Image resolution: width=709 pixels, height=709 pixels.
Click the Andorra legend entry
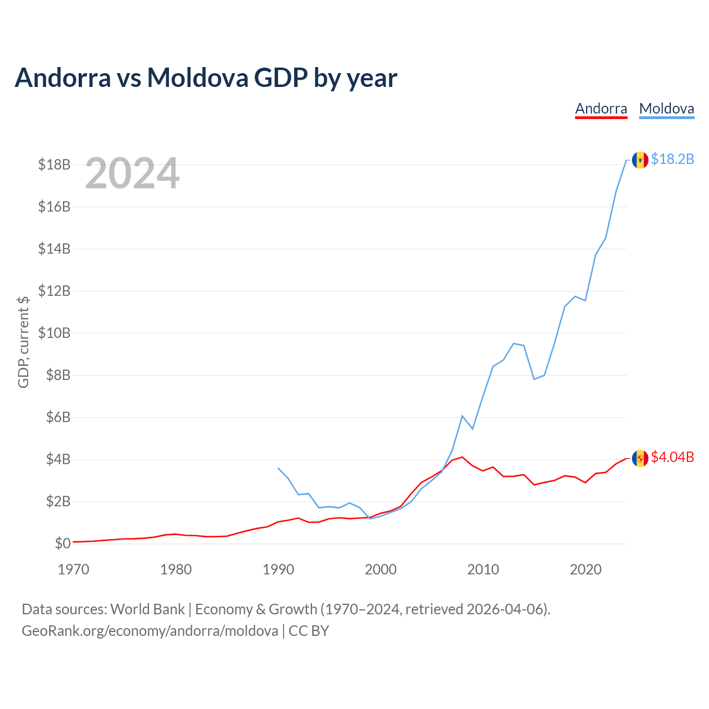(601, 109)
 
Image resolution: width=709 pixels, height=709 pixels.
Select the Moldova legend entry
(666, 109)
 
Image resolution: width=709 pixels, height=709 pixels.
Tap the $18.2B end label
(672, 159)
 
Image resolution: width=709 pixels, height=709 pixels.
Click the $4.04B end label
(672, 457)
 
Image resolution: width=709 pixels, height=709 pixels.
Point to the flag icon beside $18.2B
(640, 160)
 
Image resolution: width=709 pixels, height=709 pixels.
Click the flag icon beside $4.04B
(640, 459)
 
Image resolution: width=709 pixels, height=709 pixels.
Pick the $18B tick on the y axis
(54, 165)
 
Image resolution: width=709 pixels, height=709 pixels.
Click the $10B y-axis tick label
(54, 333)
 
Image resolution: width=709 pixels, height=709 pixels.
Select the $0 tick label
(63, 543)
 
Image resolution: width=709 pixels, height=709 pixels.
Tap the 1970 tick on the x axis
(74, 569)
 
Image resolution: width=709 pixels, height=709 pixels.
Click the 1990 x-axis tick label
(278, 569)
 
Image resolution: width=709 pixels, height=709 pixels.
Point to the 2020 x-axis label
(585, 569)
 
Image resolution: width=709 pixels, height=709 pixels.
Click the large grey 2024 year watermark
(132, 173)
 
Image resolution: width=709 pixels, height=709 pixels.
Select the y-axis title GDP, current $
(23, 342)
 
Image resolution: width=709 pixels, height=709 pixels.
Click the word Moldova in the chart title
(198, 78)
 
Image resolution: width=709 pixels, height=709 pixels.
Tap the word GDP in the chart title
(281, 78)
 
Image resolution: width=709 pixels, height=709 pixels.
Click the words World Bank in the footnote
(147, 609)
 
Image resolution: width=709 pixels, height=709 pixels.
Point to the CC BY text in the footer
(309, 631)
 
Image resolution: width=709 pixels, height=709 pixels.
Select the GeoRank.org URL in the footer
(150, 631)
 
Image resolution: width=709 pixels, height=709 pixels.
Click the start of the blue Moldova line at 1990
(278, 468)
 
